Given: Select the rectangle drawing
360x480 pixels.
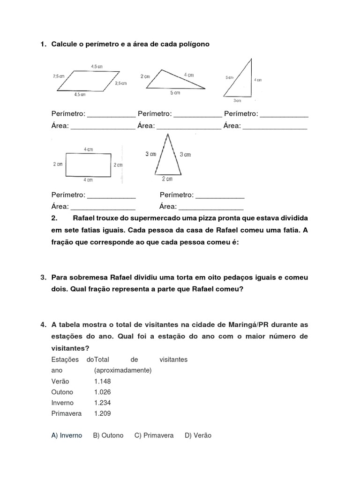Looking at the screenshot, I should (x=88, y=164).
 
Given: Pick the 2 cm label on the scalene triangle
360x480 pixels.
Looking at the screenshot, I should (x=145, y=76).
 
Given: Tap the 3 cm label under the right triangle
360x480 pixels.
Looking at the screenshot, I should (x=238, y=100).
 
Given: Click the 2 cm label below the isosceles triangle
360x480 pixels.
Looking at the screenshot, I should (x=167, y=179).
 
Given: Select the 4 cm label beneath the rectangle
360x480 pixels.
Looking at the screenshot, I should (x=88, y=180).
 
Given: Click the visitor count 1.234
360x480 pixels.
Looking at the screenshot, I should (x=102, y=403).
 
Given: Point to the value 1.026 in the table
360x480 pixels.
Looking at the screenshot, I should (x=102, y=392).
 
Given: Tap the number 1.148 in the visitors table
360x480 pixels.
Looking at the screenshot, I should (x=102, y=381).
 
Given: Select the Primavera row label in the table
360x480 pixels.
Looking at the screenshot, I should (x=67, y=413).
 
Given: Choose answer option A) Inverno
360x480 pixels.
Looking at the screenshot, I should (x=67, y=435).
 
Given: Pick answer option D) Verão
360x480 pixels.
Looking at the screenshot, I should (x=198, y=435).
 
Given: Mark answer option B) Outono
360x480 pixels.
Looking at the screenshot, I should (x=108, y=435).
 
